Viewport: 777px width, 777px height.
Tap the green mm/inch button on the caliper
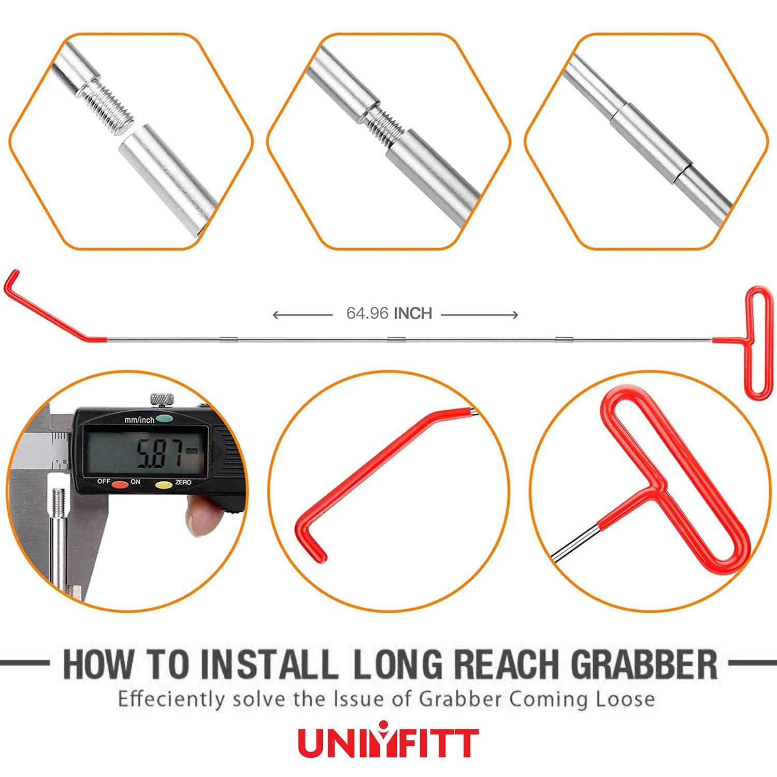164,418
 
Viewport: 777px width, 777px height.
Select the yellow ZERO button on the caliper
164,485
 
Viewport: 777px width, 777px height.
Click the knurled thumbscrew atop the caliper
162,400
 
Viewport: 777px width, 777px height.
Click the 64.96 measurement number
367,313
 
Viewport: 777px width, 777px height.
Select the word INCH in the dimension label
413,313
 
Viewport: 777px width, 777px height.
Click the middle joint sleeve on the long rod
396,340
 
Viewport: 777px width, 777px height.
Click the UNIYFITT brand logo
388,742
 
